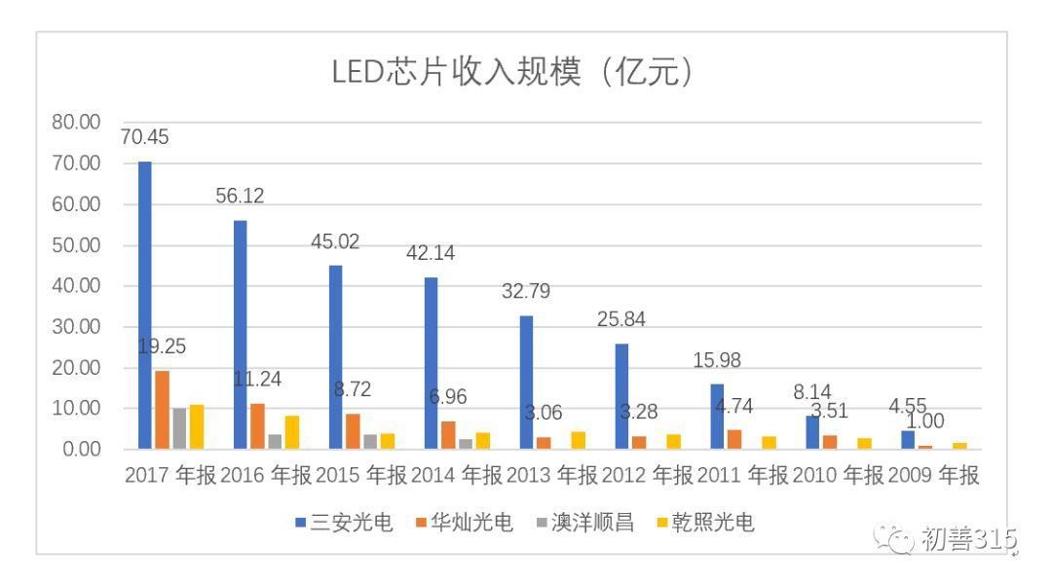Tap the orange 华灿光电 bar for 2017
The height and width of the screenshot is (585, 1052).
click(x=163, y=410)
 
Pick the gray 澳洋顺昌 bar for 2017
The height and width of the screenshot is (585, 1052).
click(x=179, y=428)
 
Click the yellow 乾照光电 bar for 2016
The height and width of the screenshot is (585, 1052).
click(x=292, y=432)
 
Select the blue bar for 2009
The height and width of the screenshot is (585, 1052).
click(x=908, y=439)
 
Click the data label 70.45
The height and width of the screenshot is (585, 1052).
click(x=144, y=138)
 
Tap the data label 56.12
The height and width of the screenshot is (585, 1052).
click(x=240, y=197)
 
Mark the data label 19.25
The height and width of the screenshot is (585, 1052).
click(x=162, y=347)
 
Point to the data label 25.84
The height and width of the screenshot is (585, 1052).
click(x=621, y=319)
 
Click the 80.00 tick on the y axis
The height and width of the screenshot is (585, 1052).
click(x=77, y=123)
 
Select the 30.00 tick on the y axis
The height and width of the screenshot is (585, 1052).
click(x=77, y=327)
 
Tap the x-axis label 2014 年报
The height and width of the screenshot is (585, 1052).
click(x=456, y=476)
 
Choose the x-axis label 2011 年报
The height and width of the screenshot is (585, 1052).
click(x=742, y=476)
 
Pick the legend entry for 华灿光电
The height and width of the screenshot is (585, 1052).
click(x=464, y=524)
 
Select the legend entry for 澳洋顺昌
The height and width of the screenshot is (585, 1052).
click(x=584, y=524)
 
